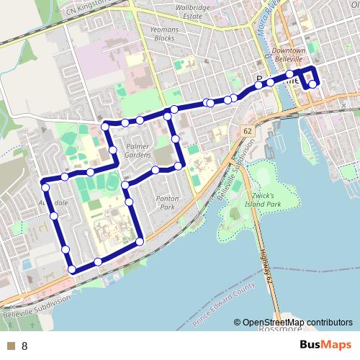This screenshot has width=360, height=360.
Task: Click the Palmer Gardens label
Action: (x=138, y=150)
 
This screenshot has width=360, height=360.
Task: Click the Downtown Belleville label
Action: (x=289, y=56)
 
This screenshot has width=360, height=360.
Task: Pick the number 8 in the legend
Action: (x=24, y=345)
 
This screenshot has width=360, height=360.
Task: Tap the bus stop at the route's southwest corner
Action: (x=72, y=270)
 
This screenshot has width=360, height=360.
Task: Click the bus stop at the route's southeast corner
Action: (x=140, y=240)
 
